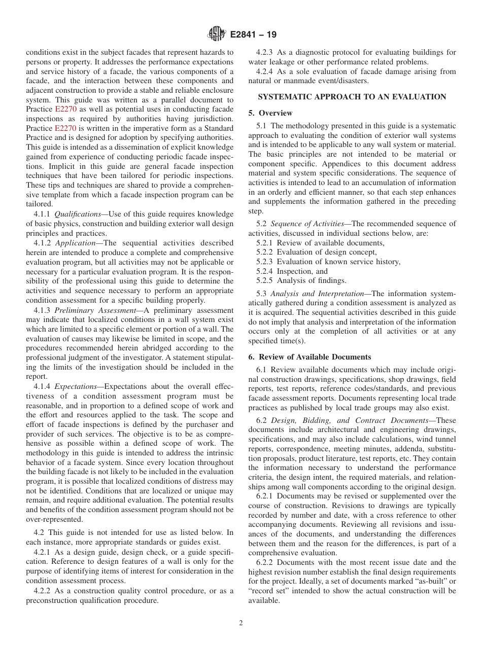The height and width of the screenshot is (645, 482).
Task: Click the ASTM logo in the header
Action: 217,34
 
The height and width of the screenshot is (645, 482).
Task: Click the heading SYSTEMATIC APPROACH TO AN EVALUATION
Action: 352,97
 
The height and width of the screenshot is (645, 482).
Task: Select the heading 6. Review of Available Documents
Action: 309,357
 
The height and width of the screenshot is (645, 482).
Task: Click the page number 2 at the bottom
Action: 241,623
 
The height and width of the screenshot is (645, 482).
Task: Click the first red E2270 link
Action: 64,109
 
